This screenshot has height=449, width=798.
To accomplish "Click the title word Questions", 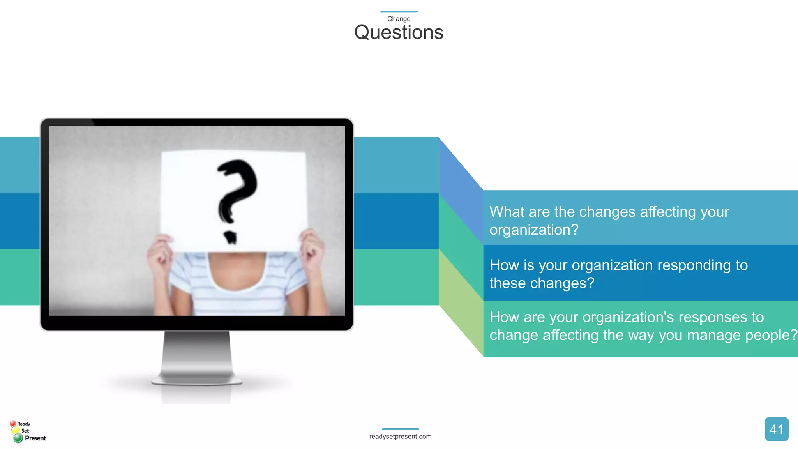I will [x=399, y=32].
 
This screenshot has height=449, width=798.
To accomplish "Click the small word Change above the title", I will [x=399, y=19].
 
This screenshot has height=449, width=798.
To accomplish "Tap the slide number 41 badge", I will [x=776, y=429].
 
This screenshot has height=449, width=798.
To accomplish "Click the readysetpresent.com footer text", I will [x=400, y=437].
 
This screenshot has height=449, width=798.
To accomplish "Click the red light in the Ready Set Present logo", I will [x=13, y=424].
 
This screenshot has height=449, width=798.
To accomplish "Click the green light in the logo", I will [x=18, y=438].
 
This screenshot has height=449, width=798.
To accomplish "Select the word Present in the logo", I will [x=35, y=438].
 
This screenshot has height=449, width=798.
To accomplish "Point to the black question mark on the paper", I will [x=236, y=191].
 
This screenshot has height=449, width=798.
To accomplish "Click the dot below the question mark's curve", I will [x=231, y=237].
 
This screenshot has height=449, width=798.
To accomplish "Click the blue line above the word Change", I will [x=399, y=12].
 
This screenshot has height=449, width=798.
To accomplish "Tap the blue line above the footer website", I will [x=400, y=429].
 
